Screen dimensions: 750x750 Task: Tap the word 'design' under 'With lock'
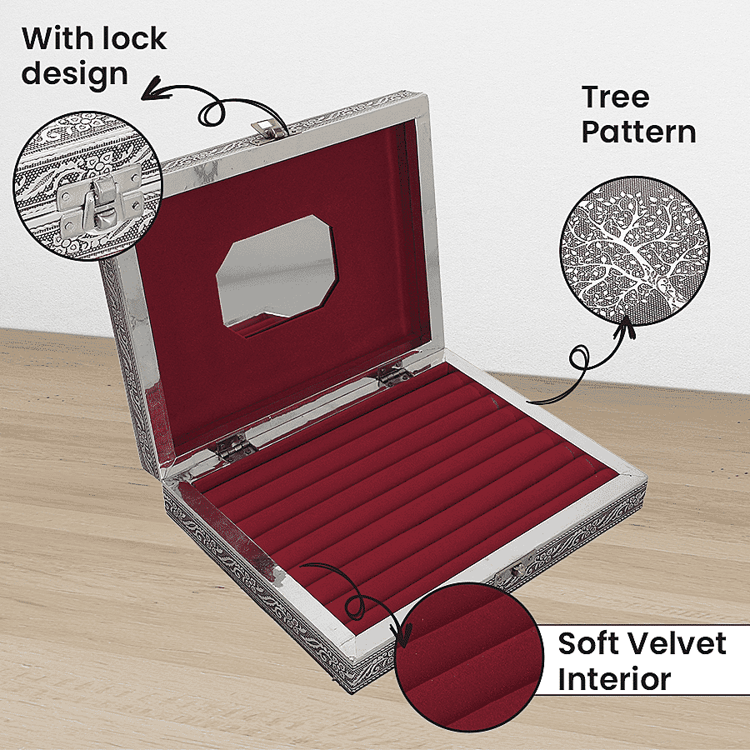75,75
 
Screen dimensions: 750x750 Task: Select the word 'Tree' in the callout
616,97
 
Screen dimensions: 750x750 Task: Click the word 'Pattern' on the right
638,132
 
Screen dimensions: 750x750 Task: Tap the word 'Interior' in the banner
614,678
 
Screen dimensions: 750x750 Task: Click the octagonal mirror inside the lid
277,272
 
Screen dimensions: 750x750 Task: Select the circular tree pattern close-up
635,251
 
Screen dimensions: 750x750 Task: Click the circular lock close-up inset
88,186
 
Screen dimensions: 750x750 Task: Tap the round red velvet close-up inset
469,657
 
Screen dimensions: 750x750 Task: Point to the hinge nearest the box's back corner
393,374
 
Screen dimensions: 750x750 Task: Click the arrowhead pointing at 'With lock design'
153,90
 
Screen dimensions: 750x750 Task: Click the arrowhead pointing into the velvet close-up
403,634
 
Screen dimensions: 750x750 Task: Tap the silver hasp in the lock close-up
99,200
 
